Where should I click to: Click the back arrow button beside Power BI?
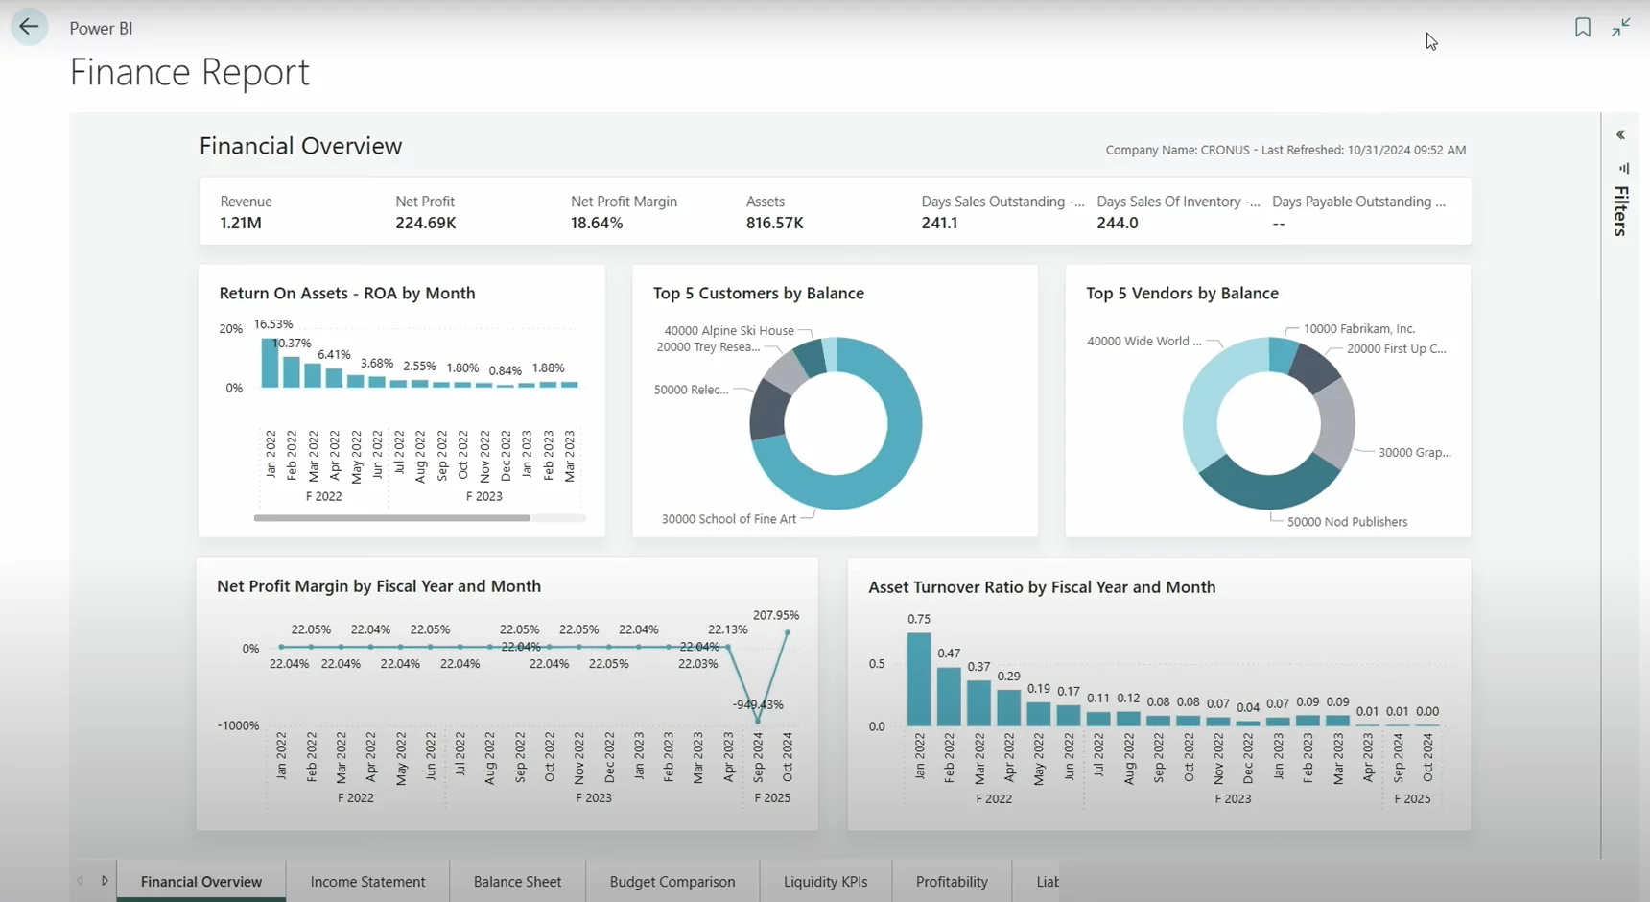[29, 27]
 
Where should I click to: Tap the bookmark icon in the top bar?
[1582, 27]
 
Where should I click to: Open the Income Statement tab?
[367, 881]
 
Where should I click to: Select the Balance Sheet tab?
[517, 881]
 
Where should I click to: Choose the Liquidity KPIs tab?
[825, 881]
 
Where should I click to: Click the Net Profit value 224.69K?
[425, 223]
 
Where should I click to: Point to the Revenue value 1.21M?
[241, 223]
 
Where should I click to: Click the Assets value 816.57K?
[774, 223]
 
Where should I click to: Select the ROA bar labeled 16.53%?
[270, 364]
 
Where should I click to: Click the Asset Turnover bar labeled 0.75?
[918, 679]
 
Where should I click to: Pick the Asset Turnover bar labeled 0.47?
[949, 697]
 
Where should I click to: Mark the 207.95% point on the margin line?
[788, 632]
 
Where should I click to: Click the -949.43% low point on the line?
[758, 721]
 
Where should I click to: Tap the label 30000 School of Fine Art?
[728, 519]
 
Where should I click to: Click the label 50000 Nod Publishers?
[1347, 522]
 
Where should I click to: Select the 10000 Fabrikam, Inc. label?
[1358, 328]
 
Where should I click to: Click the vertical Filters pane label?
[1620, 211]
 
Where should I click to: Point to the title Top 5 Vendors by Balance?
[1182, 293]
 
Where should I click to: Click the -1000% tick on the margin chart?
[238, 725]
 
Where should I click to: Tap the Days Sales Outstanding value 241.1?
[939, 223]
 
